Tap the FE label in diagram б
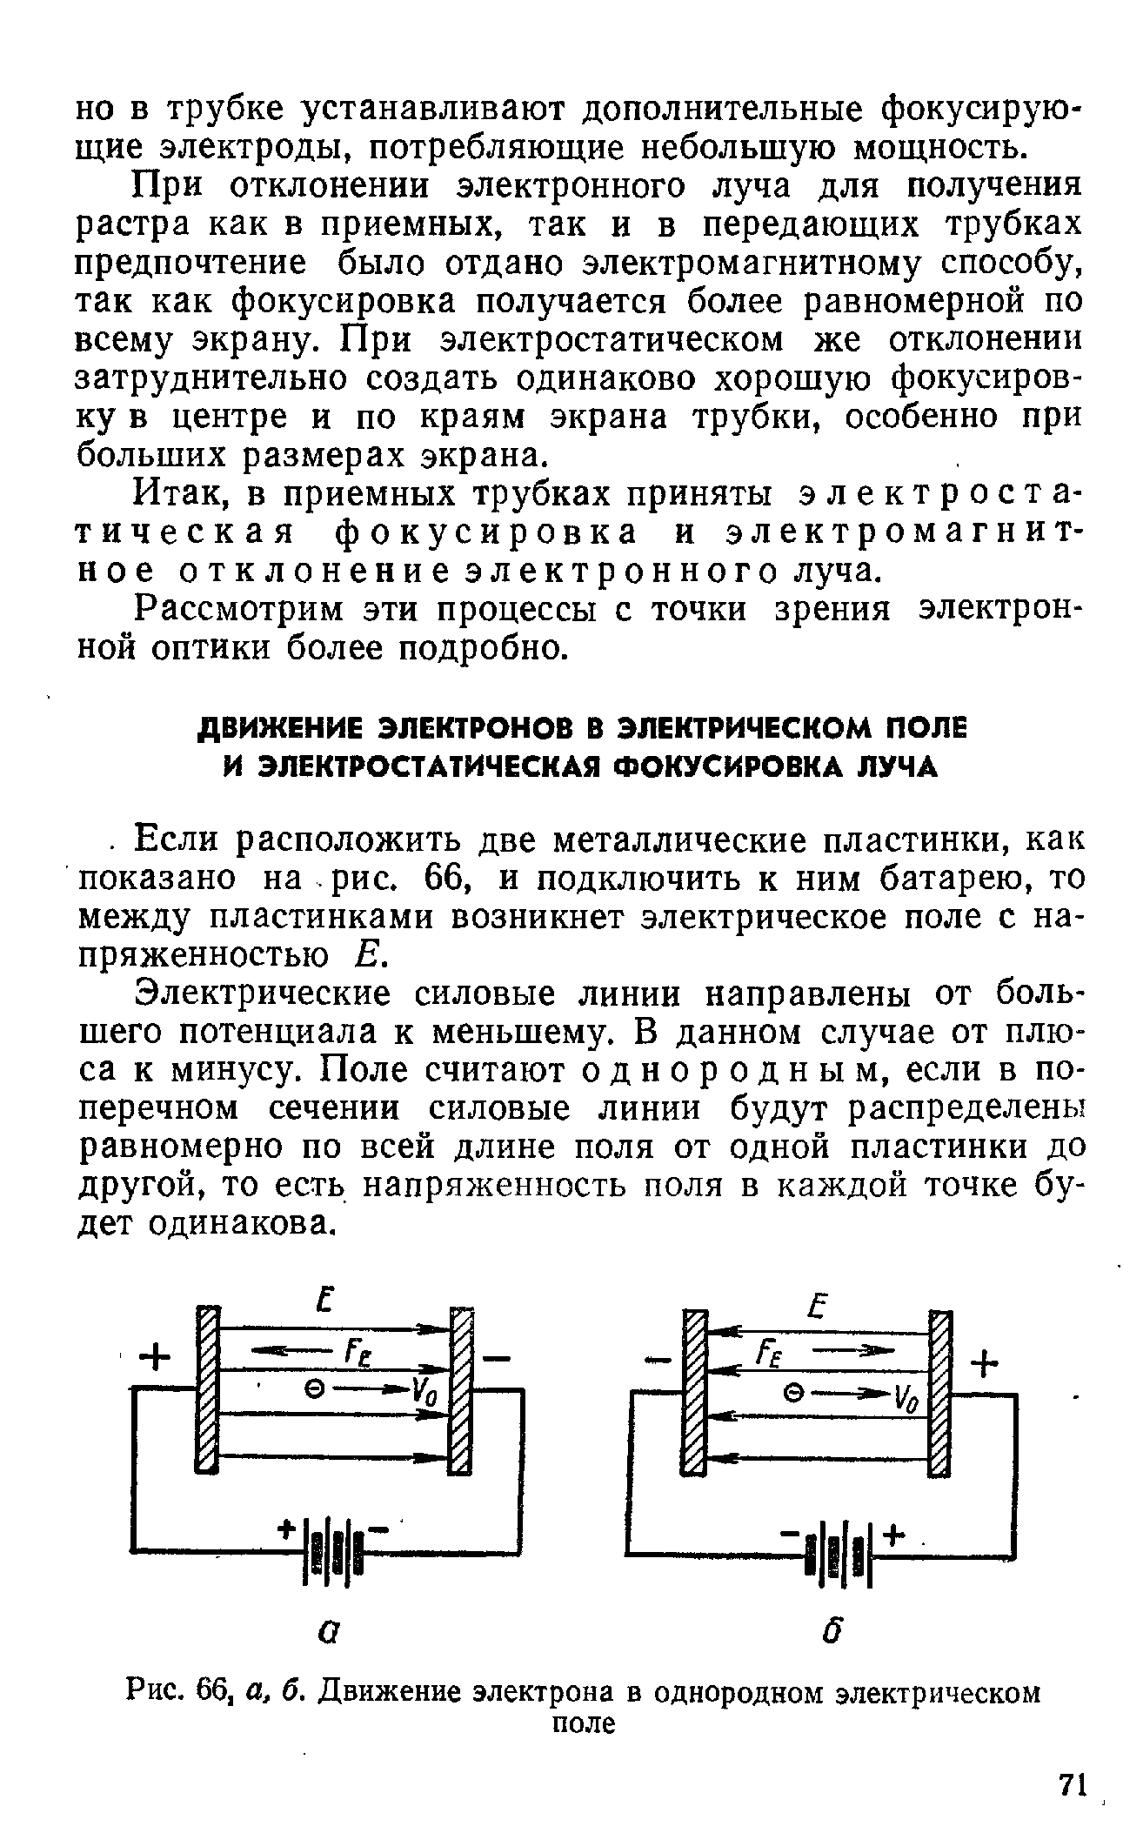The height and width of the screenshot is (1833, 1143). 770,1355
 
